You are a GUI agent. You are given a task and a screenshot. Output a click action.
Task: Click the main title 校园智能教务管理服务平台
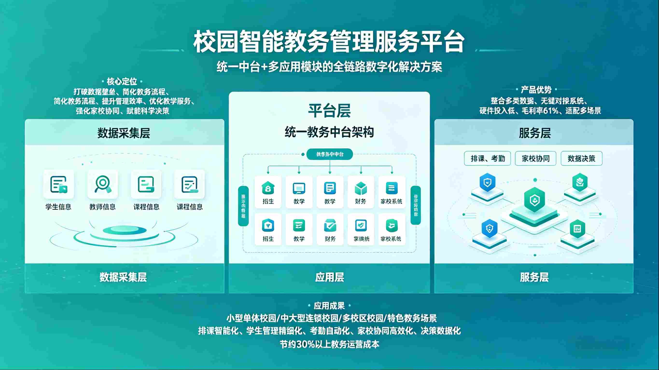point(329,42)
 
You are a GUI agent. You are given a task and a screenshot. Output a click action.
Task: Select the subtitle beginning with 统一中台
point(329,67)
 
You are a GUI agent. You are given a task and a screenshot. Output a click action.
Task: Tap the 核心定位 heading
point(122,81)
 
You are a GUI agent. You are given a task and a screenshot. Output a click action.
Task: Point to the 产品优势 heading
point(536,90)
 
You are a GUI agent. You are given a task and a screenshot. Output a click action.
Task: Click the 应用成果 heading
point(329,306)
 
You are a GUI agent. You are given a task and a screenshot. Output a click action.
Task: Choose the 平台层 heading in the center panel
point(329,111)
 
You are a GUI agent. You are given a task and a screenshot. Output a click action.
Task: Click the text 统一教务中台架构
point(329,132)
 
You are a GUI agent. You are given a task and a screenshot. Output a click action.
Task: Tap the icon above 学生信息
point(59,184)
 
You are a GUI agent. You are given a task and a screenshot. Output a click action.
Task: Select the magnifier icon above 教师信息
point(102,184)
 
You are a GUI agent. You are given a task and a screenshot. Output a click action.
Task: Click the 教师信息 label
point(102,207)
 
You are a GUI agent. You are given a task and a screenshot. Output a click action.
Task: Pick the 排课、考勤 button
point(487,158)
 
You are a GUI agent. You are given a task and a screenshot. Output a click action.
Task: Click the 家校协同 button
point(535,158)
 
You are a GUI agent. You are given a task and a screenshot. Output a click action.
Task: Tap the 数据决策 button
point(582,158)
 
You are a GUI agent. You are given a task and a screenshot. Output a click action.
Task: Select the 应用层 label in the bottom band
point(329,277)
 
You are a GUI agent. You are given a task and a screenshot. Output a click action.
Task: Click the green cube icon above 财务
point(361,188)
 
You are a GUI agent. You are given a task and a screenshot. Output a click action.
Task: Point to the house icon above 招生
point(268,188)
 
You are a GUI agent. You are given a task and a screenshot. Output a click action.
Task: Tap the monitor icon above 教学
point(299,188)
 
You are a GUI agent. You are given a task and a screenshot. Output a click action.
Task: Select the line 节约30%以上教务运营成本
point(329,344)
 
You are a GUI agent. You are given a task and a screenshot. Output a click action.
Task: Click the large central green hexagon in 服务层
point(534,200)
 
